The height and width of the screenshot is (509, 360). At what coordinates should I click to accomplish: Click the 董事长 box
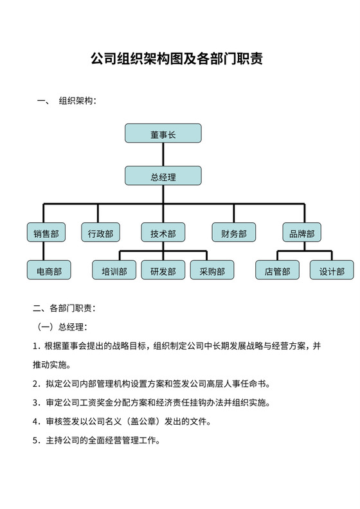(x=163, y=133)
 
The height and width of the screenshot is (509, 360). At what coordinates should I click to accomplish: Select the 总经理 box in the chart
(x=163, y=176)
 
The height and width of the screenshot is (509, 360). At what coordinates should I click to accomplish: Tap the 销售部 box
(x=46, y=232)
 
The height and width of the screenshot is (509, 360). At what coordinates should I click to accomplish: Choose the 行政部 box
(x=101, y=232)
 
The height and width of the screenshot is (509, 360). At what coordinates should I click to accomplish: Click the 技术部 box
(x=163, y=232)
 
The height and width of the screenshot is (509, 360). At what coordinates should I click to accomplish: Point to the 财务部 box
(x=233, y=232)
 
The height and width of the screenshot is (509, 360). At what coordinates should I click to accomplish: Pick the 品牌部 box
(x=301, y=232)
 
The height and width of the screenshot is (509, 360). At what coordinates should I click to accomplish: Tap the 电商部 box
(x=49, y=270)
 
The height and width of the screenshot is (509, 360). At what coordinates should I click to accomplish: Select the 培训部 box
(x=114, y=270)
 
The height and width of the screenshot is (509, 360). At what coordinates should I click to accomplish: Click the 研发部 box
(x=163, y=270)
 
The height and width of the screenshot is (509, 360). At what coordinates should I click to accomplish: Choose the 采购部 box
(x=212, y=270)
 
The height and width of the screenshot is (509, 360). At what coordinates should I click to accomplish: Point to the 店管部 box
(x=277, y=270)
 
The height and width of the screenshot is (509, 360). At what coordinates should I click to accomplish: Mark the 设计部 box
(x=332, y=270)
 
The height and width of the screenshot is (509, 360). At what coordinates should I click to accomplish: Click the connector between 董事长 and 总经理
(x=163, y=154)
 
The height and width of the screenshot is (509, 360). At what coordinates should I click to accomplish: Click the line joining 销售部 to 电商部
(x=46, y=251)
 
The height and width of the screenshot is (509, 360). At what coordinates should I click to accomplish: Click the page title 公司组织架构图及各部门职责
(x=176, y=60)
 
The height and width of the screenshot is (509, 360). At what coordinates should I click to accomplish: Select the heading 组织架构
(x=76, y=102)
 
